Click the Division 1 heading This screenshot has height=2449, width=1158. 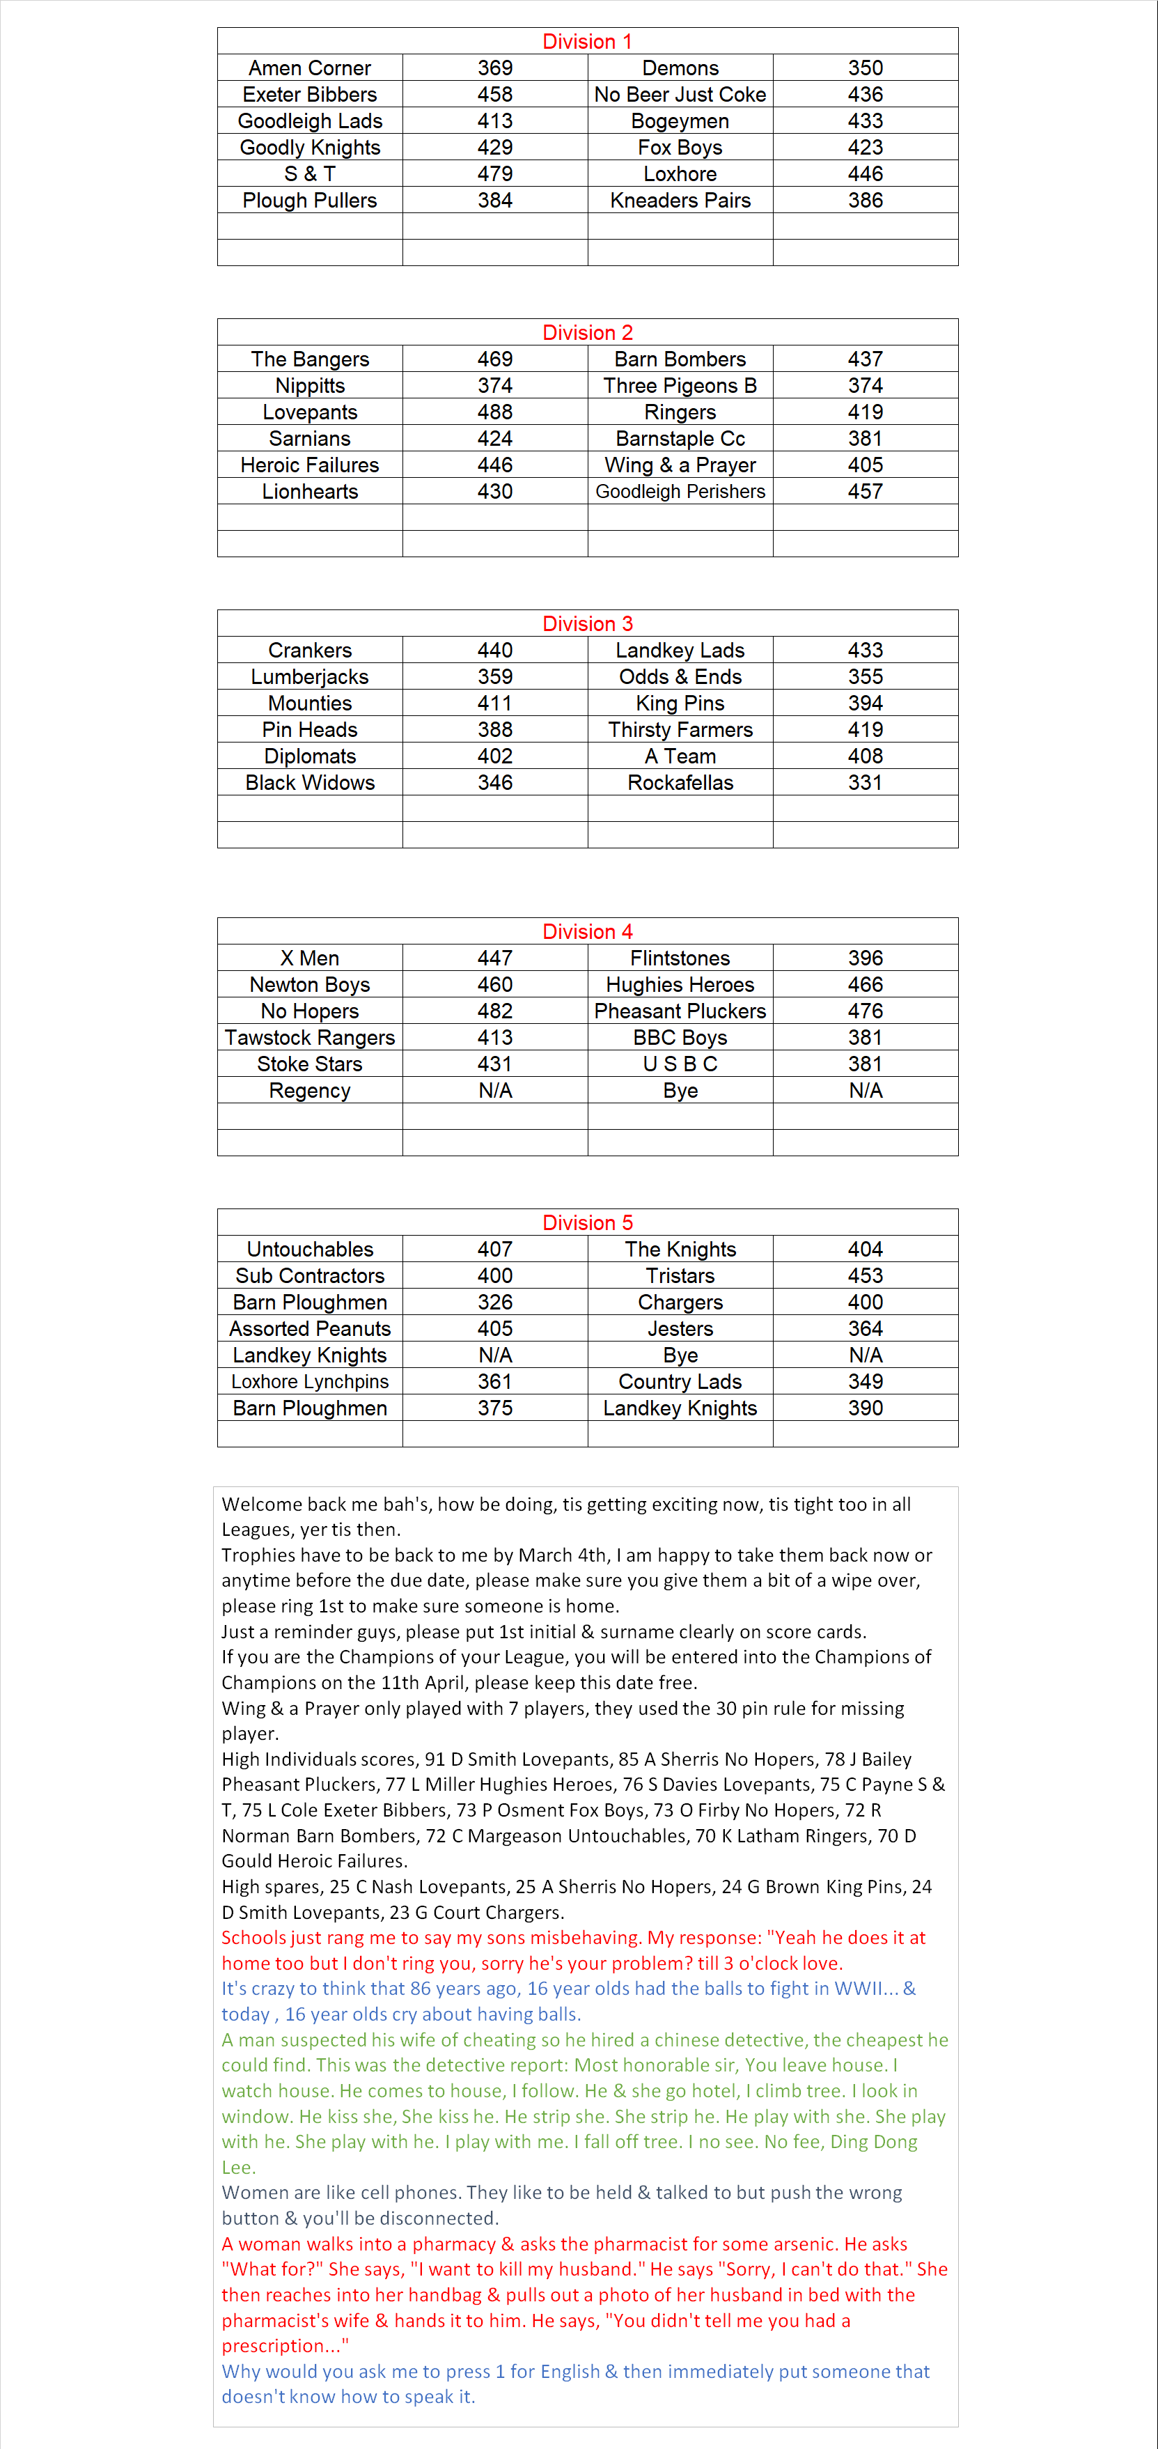(586, 41)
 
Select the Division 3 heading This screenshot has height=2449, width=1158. (586, 623)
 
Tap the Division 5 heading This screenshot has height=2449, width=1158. (586, 1222)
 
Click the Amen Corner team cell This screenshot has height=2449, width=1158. (309, 68)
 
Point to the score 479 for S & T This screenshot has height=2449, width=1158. (494, 174)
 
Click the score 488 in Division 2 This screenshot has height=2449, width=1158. (494, 412)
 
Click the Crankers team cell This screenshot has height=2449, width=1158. (309, 651)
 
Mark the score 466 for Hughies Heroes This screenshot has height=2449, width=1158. (865, 984)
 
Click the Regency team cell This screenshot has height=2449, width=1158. (309, 1091)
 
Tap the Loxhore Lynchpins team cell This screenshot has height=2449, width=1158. (309, 1381)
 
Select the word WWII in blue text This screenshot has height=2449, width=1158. (859, 1988)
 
